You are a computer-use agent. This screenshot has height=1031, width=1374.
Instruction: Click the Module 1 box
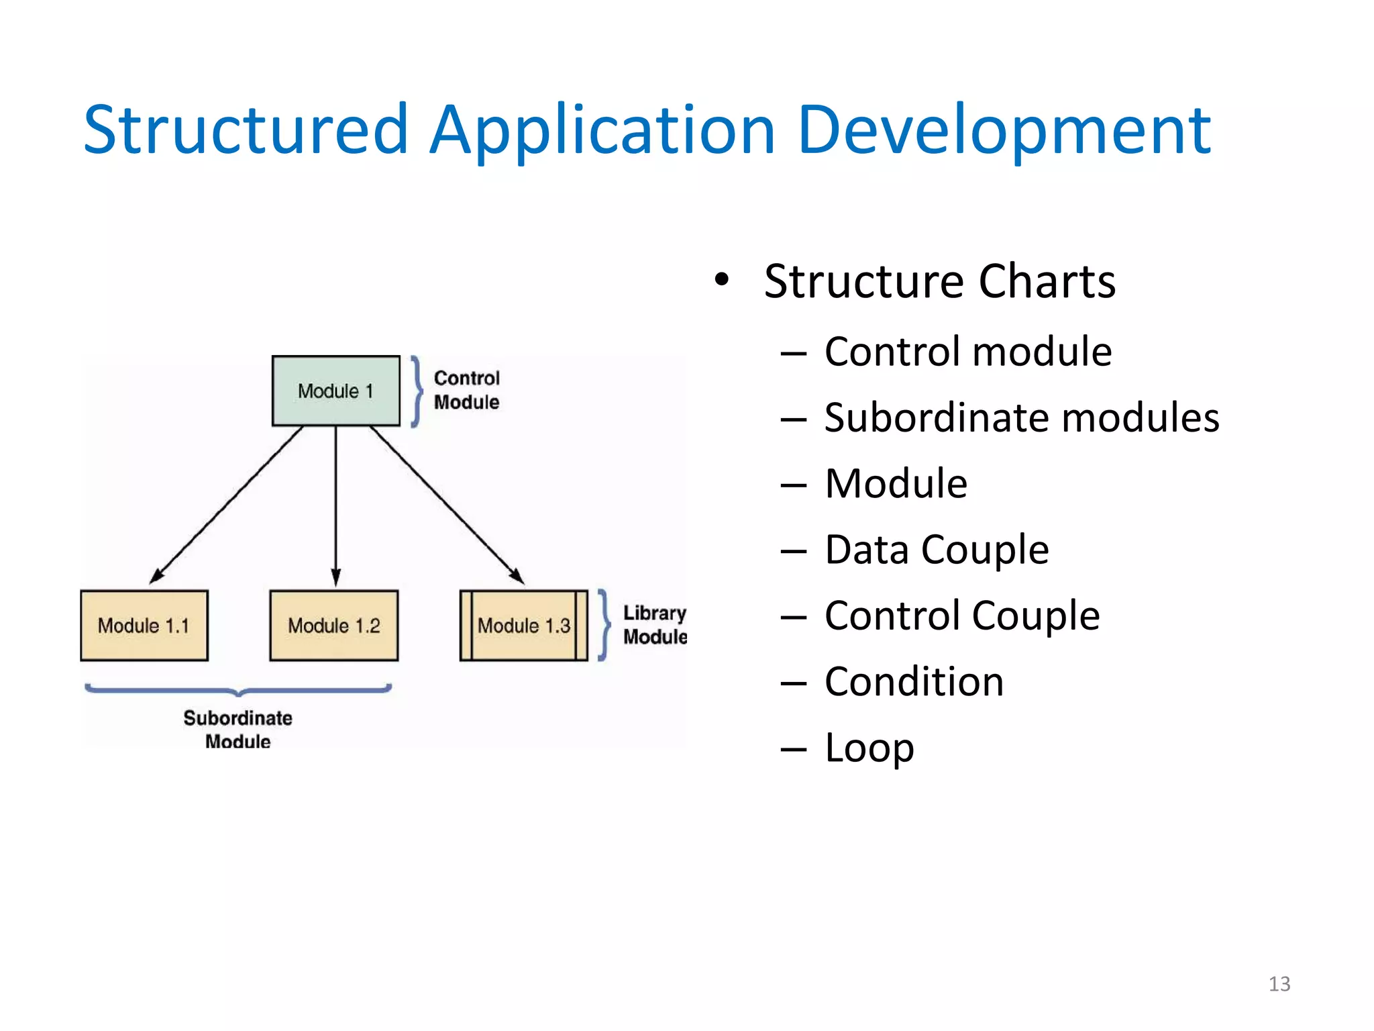tap(335, 391)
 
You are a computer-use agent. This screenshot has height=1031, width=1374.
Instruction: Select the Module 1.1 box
tap(144, 626)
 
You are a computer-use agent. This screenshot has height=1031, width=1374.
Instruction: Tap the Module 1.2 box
tap(333, 626)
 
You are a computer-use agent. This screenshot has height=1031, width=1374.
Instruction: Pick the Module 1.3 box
tap(523, 626)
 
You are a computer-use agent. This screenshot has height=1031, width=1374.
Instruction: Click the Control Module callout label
tap(466, 390)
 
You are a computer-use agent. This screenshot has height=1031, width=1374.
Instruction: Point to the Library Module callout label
tap(654, 625)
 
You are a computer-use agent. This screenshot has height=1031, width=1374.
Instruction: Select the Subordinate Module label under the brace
tap(237, 729)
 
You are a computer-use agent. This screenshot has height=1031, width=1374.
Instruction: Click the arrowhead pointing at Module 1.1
tap(157, 575)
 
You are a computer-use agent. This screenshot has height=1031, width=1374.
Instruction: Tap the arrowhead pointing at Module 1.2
tap(336, 577)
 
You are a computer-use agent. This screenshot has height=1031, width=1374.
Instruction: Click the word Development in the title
tap(1004, 130)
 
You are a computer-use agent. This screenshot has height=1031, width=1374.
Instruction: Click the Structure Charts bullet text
tap(939, 281)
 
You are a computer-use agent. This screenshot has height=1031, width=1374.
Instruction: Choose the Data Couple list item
tap(936, 550)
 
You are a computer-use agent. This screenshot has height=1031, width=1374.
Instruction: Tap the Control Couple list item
tap(961, 616)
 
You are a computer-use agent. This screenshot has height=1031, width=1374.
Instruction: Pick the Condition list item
tap(914, 682)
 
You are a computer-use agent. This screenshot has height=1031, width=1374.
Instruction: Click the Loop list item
tap(869, 748)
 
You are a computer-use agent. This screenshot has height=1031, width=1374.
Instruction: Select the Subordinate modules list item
tap(1021, 418)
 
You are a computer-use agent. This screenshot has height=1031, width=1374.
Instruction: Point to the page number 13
tap(1279, 984)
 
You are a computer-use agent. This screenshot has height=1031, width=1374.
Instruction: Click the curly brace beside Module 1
tap(417, 391)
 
